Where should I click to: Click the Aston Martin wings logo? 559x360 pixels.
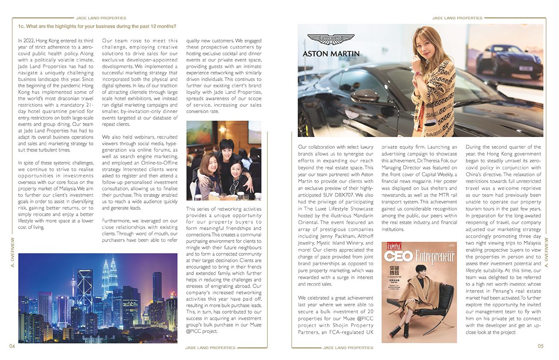[x=331, y=39]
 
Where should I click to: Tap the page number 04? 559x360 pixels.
[x=12, y=346]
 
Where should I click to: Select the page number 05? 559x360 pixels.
[x=540, y=346]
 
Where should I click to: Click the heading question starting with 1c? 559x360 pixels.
[x=97, y=26]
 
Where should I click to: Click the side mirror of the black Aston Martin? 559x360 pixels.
[x=364, y=95]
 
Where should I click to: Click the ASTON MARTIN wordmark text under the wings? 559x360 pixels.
[x=331, y=54]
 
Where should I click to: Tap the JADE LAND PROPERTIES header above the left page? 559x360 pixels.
[x=101, y=18]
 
